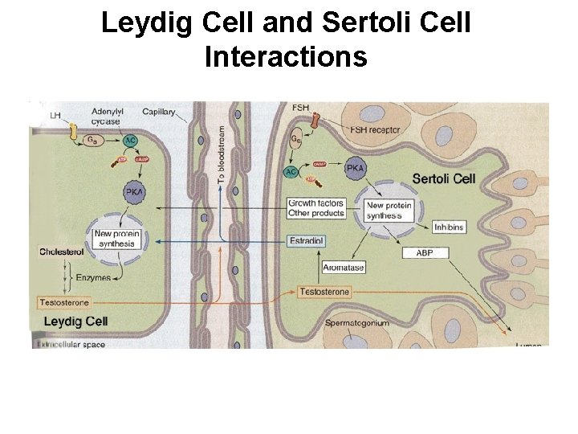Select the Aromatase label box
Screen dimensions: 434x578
(x=344, y=267)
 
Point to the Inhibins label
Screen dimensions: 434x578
(x=448, y=226)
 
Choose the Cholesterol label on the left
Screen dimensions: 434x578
(x=62, y=252)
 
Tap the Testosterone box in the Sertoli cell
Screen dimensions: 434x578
(x=324, y=292)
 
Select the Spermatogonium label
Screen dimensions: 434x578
(x=357, y=323)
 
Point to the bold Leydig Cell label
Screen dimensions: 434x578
(x=75, y=321)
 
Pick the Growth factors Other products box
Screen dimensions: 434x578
(x=316, y=208)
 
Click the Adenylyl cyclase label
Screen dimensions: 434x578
(x=105, y=117)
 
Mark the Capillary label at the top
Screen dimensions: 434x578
(x=160, y=112)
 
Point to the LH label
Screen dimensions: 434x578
(x=55, y=116)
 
